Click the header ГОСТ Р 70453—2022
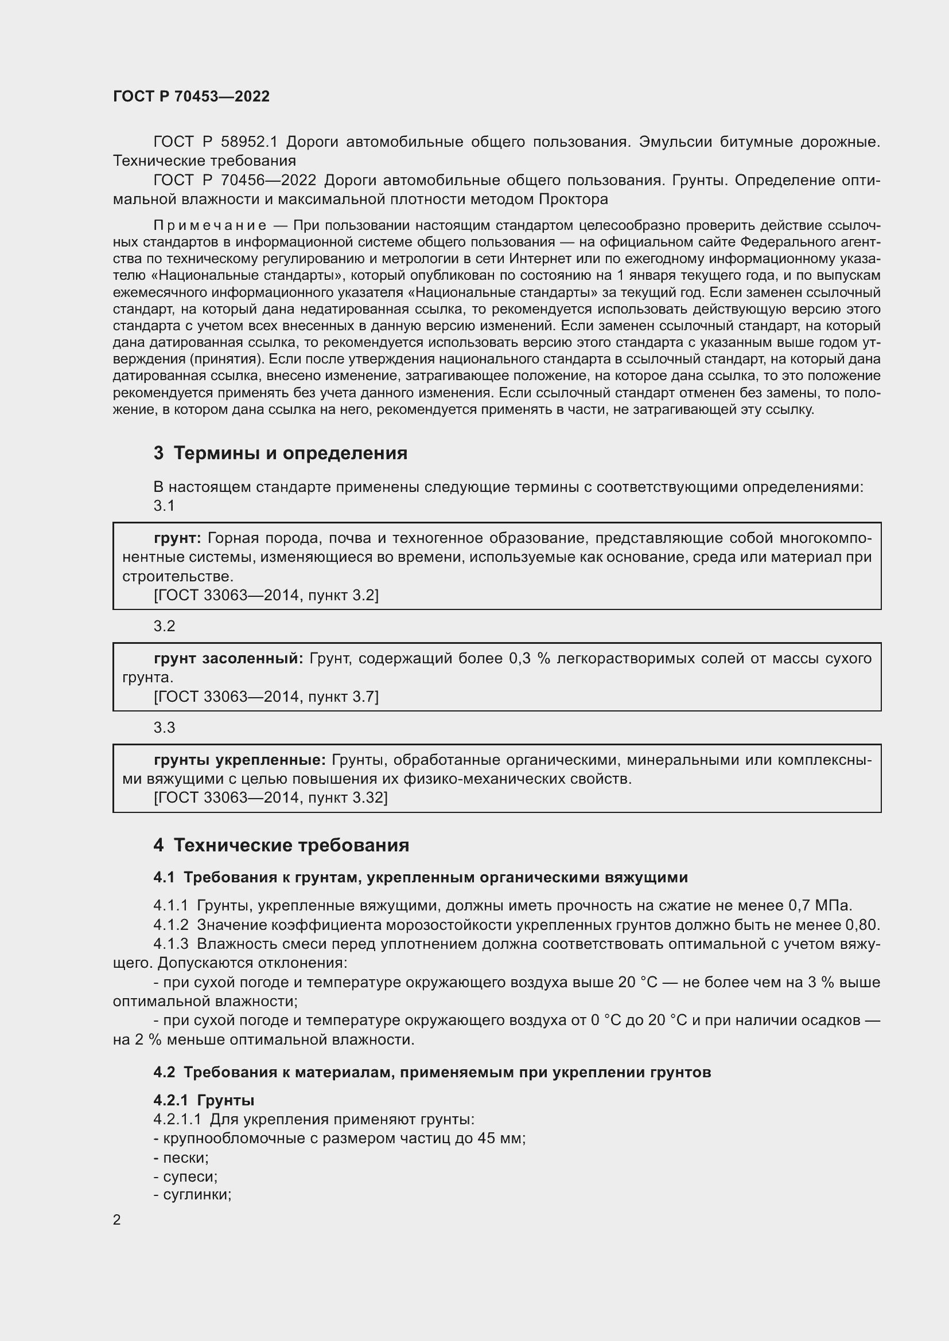pyautogui.click(x=191, y=96)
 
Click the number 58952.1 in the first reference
pyautogui.click(x=249, y=142)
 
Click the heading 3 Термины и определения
pyautogui.click(x=281, y=453)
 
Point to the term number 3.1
pyautogui.click(x=164, y=506)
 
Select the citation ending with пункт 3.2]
pyautogui.click(x=266, y=595)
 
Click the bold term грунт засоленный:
pyautogui.click(x=228, y=658)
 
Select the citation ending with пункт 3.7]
pyautogui.click(x=266, y=696)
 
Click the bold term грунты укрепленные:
pyautogui.click(x=240, y=760)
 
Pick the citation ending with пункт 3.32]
pyautogui.click(x=271, y=797)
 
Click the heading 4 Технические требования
pyautogui.click(x=281, y=845)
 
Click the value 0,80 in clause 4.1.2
pyautogui.click(x=861, y=925)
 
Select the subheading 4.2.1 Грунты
pyautogui.click(x=204, y=1100)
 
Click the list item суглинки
pyautogui.click(x=196, y=1195)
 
